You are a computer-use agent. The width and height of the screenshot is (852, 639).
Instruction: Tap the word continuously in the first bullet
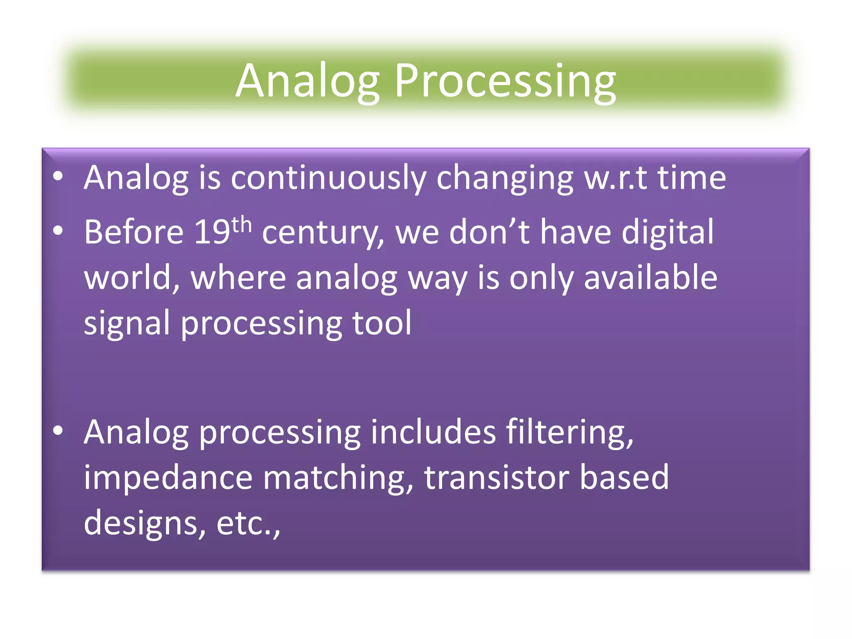(x=328, y=178)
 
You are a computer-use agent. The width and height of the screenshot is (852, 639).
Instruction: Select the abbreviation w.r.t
(x=615, y=178)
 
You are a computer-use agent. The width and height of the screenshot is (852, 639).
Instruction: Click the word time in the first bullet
(x=691, y=178)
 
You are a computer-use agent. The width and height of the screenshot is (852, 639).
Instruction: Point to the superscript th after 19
(x=242, y=225)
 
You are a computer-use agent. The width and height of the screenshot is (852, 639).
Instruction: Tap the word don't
(x=489, y=232)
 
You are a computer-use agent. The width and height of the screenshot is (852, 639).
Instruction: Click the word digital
(x=667, y=232)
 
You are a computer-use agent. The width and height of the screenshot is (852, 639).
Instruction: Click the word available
(x=650, y=278)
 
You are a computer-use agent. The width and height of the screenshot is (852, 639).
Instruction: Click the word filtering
(x=570, y=433)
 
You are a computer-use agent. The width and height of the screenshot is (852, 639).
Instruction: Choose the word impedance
(x=168, y=478)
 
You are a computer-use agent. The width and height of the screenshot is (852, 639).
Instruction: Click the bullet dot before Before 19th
(x=58, y=230)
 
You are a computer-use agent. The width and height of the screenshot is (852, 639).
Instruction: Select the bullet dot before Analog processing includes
(x=58, y=431)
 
